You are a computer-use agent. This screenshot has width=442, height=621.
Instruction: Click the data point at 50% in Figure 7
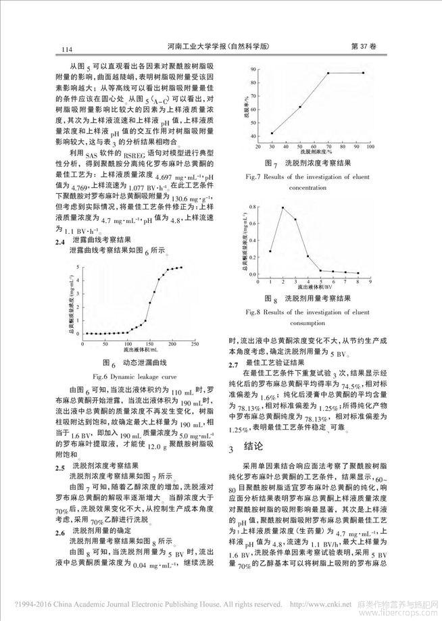pos(299,107)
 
